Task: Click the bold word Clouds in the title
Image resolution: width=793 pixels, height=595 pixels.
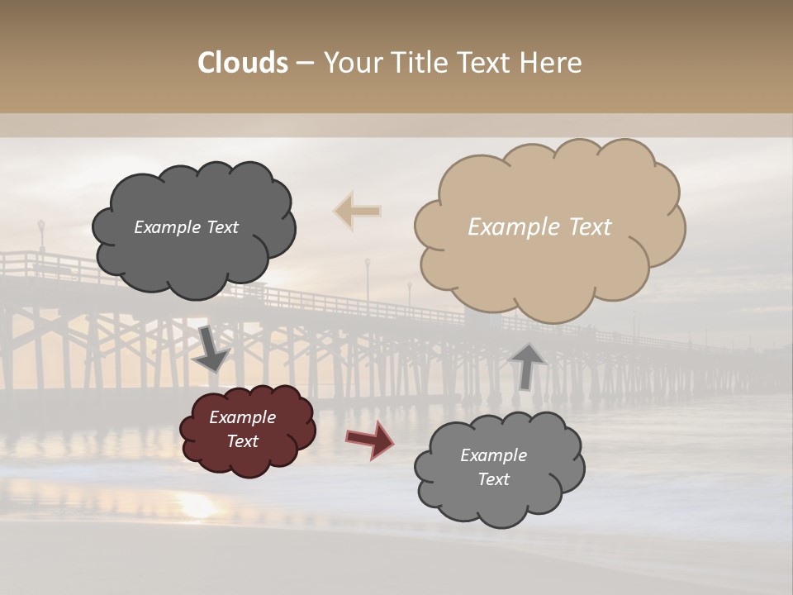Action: point(243,63)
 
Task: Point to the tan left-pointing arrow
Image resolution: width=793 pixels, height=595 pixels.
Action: point(358,211)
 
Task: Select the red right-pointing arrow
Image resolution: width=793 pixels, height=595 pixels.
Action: point(369,440)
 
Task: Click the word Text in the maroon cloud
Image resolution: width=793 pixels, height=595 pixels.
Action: point(243,441)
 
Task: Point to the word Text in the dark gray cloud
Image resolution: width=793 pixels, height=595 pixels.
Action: point(221,227)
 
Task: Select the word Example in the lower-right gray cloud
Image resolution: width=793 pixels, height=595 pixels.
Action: point(493,455)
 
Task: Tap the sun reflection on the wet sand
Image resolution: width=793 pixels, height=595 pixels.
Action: point(198,506)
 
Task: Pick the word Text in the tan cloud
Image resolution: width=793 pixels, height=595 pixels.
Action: point(591,227)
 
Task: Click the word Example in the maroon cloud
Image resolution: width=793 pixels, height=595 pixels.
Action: point(243,417)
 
